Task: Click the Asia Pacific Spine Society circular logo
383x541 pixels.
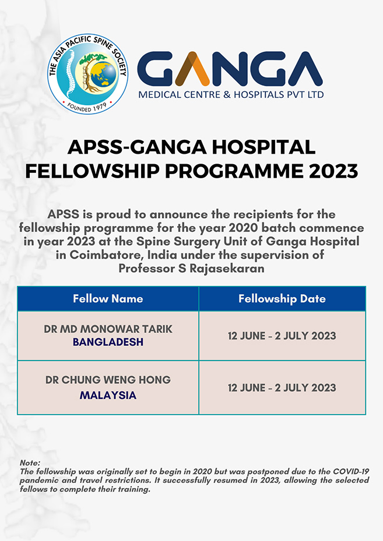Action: tap(88, 73)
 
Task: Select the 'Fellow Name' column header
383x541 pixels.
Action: tap(108, 299)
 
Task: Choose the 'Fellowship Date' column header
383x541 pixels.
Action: tap(282, 299)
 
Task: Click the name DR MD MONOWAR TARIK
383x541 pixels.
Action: tap(108, 329)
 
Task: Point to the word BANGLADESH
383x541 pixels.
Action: tap(108, 342)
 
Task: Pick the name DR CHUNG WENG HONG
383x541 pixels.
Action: tap(108, 380)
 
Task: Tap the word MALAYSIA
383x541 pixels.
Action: tap(108, 395)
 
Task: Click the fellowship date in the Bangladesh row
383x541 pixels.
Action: tap(282, 336)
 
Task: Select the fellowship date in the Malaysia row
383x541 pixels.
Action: tap(282, 387)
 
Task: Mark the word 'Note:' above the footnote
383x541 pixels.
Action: tap(30, 462)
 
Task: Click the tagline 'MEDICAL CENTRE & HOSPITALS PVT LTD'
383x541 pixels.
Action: tap(230, 94)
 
